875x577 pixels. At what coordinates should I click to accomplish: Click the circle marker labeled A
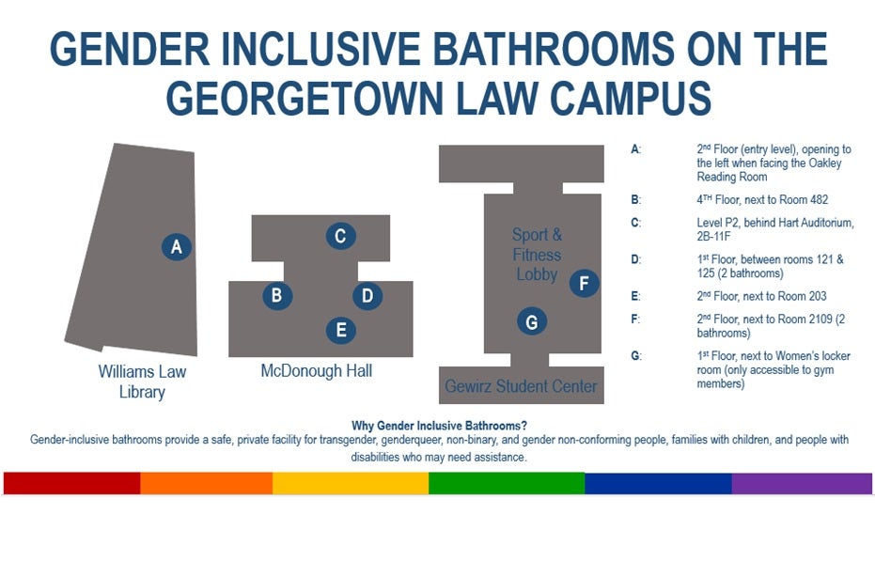(177, 246)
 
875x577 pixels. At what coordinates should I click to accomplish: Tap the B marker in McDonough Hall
(277, 295)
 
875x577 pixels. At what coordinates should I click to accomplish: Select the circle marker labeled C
(341, 236)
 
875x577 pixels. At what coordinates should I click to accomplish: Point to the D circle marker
(367, 296)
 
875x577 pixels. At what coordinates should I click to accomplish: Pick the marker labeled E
(341, 331)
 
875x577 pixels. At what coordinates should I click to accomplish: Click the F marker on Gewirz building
(585, 283)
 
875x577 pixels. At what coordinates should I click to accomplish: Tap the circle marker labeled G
(532, 321)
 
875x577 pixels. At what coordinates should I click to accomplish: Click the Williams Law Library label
(142, 382)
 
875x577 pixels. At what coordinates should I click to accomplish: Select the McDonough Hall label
(317, 371)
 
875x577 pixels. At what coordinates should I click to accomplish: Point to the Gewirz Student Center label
(521, 386)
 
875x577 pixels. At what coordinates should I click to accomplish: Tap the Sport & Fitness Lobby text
(537, 255)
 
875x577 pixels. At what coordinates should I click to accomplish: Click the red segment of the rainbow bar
(72, 483)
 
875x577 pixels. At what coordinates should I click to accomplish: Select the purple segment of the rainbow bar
(802, 483)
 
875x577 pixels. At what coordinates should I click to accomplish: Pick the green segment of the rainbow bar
(507, 483)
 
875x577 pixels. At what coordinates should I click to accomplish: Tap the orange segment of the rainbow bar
(207, 483)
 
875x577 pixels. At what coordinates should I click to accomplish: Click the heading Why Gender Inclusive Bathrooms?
(439, 426)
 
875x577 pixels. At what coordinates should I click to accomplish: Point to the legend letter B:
(635, 200)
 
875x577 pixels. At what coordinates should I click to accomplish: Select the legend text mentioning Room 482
(762, 200)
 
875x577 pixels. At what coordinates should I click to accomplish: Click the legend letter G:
(636, 356)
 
